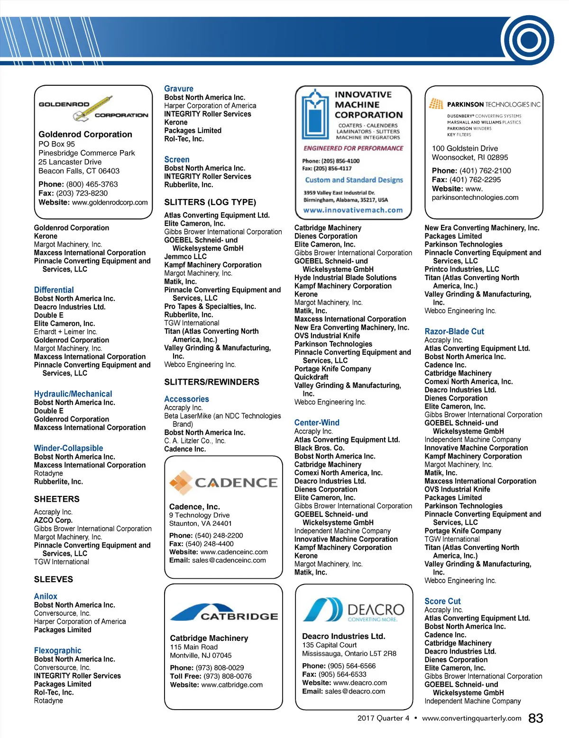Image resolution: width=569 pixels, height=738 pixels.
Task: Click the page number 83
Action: coord(535,718)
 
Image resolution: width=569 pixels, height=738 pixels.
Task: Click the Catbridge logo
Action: coord(224,612)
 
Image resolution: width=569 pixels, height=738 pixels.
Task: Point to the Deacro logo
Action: coord(354,610)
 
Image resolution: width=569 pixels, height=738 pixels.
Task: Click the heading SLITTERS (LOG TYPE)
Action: coord(210,202)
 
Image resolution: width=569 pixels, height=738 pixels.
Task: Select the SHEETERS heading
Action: coord(57,499)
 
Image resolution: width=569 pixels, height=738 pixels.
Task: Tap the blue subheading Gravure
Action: coord(179,89)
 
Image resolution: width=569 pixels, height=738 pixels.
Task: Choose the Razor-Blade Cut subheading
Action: coord(454,332)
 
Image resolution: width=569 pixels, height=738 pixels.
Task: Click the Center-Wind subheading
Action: coord(317,423)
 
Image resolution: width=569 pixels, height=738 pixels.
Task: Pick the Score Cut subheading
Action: coord(442,601)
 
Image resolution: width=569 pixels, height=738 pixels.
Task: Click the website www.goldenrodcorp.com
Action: coord(110,202)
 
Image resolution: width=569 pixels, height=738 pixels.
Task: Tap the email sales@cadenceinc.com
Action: coord(229,560)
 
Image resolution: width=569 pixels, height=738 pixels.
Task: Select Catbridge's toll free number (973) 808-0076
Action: coord(224,676)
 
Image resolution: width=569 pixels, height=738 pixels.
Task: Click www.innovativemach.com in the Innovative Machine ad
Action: coord(353,210)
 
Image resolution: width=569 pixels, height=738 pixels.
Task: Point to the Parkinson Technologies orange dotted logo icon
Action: coord(436,104)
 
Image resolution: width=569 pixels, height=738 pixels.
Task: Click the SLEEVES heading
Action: coord(54,579)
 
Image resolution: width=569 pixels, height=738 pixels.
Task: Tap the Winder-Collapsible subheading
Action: coord(68,448)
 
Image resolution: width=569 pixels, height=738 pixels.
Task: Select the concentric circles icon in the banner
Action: coord(527,40)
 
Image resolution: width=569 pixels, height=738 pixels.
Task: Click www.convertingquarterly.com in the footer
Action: coord(471,718)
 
